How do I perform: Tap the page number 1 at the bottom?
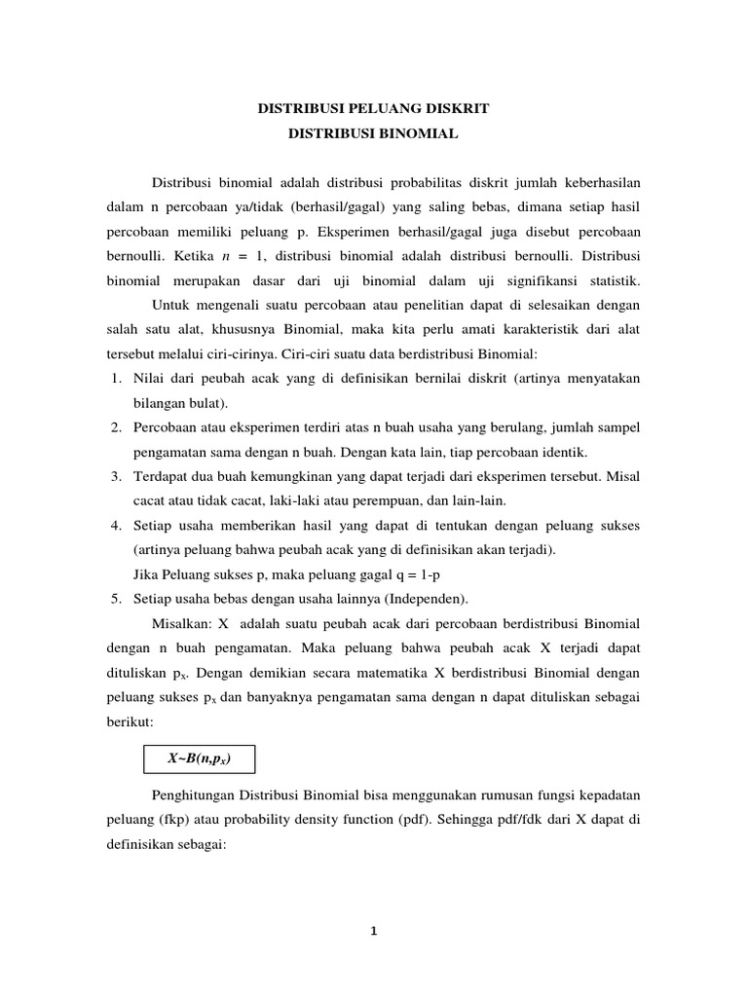[373, 930]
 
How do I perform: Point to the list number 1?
[114, 379]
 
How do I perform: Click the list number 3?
[114, 475]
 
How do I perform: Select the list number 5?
[114, 597]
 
